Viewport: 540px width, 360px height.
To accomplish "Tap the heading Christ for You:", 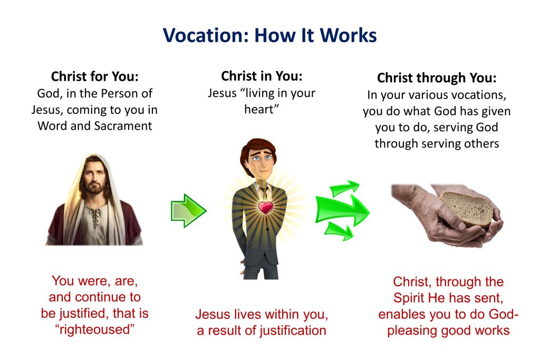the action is pyautogui.click(x=95, y=76).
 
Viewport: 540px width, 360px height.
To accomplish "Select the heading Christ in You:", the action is pyautogui.click(x=262, y=76).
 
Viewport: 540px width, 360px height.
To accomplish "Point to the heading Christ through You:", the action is pyautogui.click(x=437, y=78).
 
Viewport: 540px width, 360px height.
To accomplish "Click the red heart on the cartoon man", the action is pyautogui.click(x=266, y=207).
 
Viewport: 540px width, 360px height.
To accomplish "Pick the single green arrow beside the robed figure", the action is pyautogui.click(x=188, y=211).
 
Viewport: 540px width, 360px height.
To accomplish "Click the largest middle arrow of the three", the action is pyautogui.click(x=342, y=209).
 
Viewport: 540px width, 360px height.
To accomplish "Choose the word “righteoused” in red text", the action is pyautogui.click(x=95, y=329).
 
